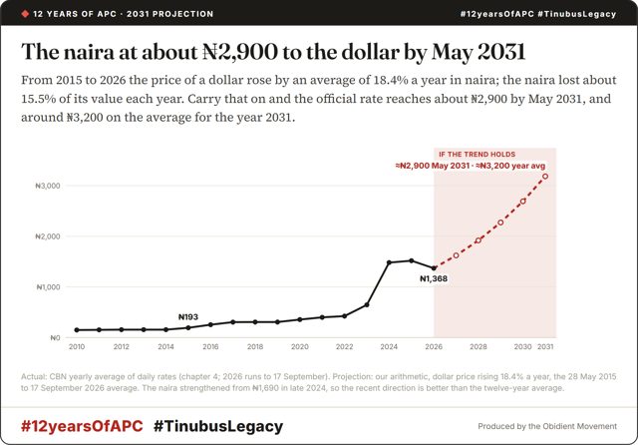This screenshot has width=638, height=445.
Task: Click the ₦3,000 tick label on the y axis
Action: tap(48, 186)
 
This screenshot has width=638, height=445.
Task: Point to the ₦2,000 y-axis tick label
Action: tap(48, 236)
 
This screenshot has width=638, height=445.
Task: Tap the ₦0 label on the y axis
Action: tap(55, 338)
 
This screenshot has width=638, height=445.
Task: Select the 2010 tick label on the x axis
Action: tap(77, 346)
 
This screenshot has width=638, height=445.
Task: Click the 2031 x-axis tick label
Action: tap(545, 346)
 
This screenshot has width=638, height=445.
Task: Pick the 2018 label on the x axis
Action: tap(255, 346)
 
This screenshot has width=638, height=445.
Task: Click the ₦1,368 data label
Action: tap(434, 279)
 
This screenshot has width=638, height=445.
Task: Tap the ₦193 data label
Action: tap(188, 316)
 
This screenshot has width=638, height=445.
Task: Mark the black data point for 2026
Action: tap(434, 268)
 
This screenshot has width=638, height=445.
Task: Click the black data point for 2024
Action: tap(389, 262)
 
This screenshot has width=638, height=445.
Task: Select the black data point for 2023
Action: tap(367, 304)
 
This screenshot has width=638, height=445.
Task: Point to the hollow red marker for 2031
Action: tap(545, 177)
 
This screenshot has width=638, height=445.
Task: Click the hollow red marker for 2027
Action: tap(457, 255)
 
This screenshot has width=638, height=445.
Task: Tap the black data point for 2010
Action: tap(77, 330)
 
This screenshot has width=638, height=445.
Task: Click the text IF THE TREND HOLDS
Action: tap(477, 155)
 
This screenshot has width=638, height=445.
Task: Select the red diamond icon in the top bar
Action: tap(25, 14)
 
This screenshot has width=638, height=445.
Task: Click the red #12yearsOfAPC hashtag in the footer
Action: tap(82, 426)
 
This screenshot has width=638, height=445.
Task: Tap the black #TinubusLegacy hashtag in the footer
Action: tap(218, 426)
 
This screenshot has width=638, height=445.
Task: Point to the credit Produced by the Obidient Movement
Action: tap(547, 426)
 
